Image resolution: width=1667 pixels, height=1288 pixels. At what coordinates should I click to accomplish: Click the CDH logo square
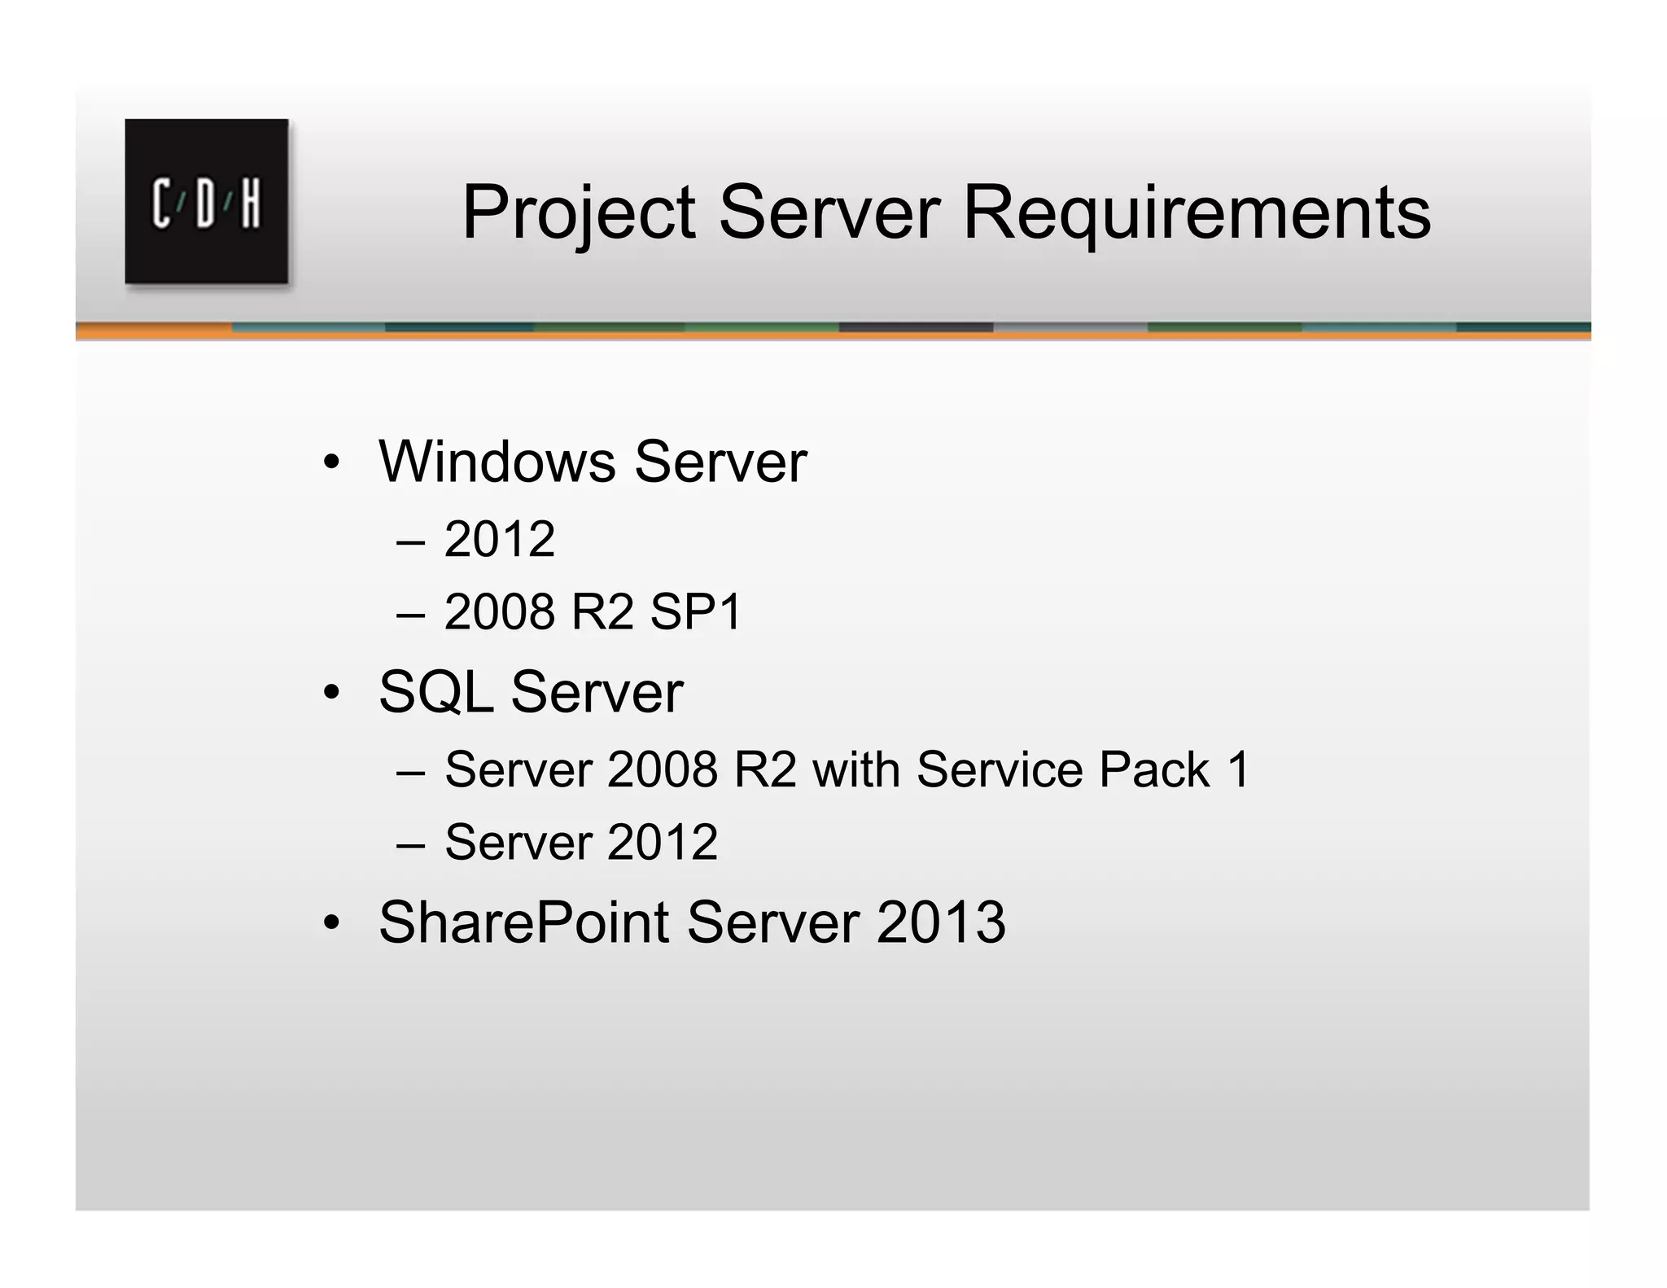pyautogui.click(x=206, y=201)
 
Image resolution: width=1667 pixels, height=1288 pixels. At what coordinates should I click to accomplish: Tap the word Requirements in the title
pyautogui.click(x=1197, y=213)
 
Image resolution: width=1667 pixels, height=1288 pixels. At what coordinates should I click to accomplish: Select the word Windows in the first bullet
pyautogui.click(x=497, y=462)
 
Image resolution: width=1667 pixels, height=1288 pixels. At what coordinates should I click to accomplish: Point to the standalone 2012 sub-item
pyautogui.click(x=500, y=539)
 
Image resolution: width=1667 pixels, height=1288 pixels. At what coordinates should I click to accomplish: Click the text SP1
pyautogui.click(x=696, y=611)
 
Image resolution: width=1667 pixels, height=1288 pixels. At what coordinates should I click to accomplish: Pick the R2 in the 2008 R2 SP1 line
pyautogui.click(x=602, y=611)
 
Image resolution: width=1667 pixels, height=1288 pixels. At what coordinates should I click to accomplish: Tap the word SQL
pyautogui.click(x=435, y=692)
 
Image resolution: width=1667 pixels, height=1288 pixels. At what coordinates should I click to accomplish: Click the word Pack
pyautogui.click(x=1153, y=769)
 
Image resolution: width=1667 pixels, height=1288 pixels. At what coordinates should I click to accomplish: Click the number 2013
pyautogui.click(x=941, y=922)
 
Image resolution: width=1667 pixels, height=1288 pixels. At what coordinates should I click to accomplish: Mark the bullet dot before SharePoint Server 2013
pyautogui.click(x=330, y=924)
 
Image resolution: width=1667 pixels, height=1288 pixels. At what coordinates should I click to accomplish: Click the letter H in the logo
pyautogui.click(x=251, y=203)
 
